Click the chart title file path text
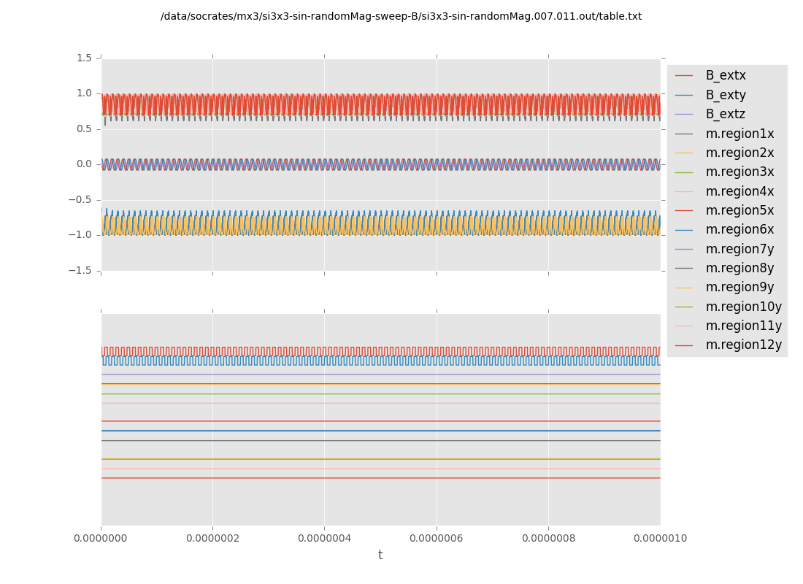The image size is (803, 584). [401, 17]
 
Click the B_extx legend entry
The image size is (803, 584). [725, 75]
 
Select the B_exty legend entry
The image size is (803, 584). [725, 95]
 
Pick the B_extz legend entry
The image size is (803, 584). [725, 114]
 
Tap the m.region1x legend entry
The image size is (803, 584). [739, 134]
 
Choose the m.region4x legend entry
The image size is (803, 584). [739, 191]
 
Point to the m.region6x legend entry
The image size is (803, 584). [739, 229]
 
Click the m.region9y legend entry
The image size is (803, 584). [739, 287]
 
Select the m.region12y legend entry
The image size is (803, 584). [743, 345]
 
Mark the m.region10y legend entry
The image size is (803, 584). [743, 307]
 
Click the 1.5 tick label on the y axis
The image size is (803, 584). [84, 58]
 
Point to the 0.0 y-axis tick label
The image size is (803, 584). [84, 164]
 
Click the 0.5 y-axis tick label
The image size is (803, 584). [84, 128]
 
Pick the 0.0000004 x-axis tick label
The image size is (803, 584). [324, 538]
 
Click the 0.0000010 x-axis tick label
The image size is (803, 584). [660, 538]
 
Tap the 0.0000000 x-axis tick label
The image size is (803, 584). [101, 538]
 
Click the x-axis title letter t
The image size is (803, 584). [380, 556]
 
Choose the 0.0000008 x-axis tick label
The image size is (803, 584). [548, 538]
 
